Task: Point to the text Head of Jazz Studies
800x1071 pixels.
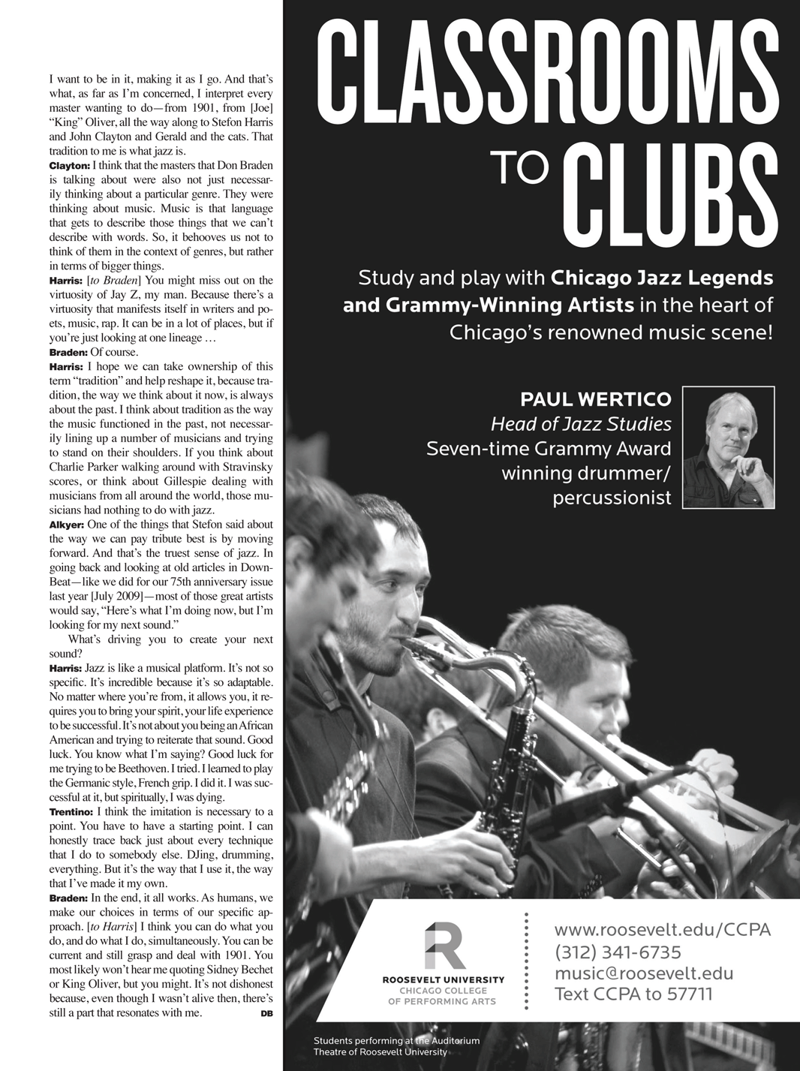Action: [581, 424]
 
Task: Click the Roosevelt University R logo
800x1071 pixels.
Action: [444, 946]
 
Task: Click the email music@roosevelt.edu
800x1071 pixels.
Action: [643, 973]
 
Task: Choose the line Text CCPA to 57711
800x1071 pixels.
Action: [634, 995]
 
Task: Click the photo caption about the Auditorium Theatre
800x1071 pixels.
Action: [395, 1045]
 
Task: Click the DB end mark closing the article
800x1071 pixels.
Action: [266, 1015]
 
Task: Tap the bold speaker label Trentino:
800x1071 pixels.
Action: [71, 812]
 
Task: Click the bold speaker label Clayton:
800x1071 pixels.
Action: [69, 165]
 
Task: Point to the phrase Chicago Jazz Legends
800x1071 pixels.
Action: [661, 278]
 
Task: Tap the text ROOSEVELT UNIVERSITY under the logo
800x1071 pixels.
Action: [443, 979]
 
